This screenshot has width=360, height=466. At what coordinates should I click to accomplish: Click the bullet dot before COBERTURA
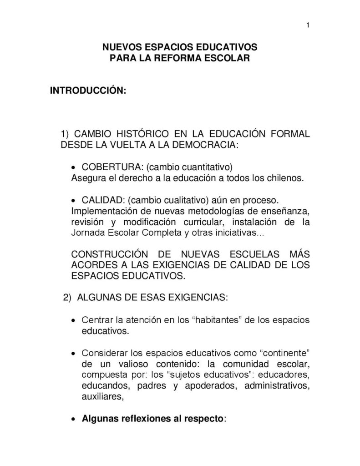pyautogui.click(x=75, y=167)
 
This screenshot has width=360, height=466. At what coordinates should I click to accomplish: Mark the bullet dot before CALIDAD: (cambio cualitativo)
pyautogui.click(x=75, y=201)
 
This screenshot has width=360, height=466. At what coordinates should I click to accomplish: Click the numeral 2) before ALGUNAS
pyautogui.click(x=67, y=298)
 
